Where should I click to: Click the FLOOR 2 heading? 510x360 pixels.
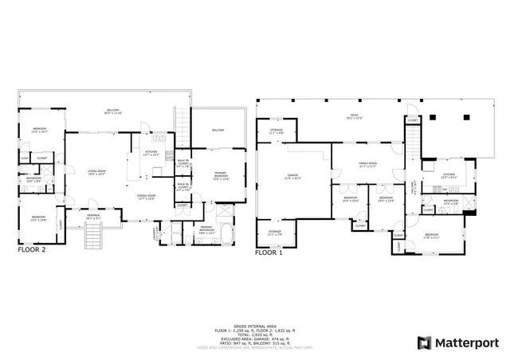pyautogui.click(x=32, y=249)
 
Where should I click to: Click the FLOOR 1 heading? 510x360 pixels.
pyautogui.click(x=268, y=252)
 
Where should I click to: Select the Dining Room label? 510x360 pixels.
pyautogui.click(x=146, y=197)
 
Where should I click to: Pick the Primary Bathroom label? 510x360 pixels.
pyautogui.click(x=206, y=229)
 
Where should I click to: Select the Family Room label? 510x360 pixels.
pyautogui.click(x=367, y=164)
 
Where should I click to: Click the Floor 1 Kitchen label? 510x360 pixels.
pyautogui.click(x=448, y=175)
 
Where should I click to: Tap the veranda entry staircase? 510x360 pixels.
pyautogui.click(x=94, y=236)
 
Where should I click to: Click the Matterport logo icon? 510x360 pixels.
pyautogui.click(x=425, y=342)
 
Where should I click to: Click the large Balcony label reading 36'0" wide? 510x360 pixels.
pyautogui.click(x=114, y=112)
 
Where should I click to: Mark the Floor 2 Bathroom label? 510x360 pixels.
pyautogui.click(x=33, y=180)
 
